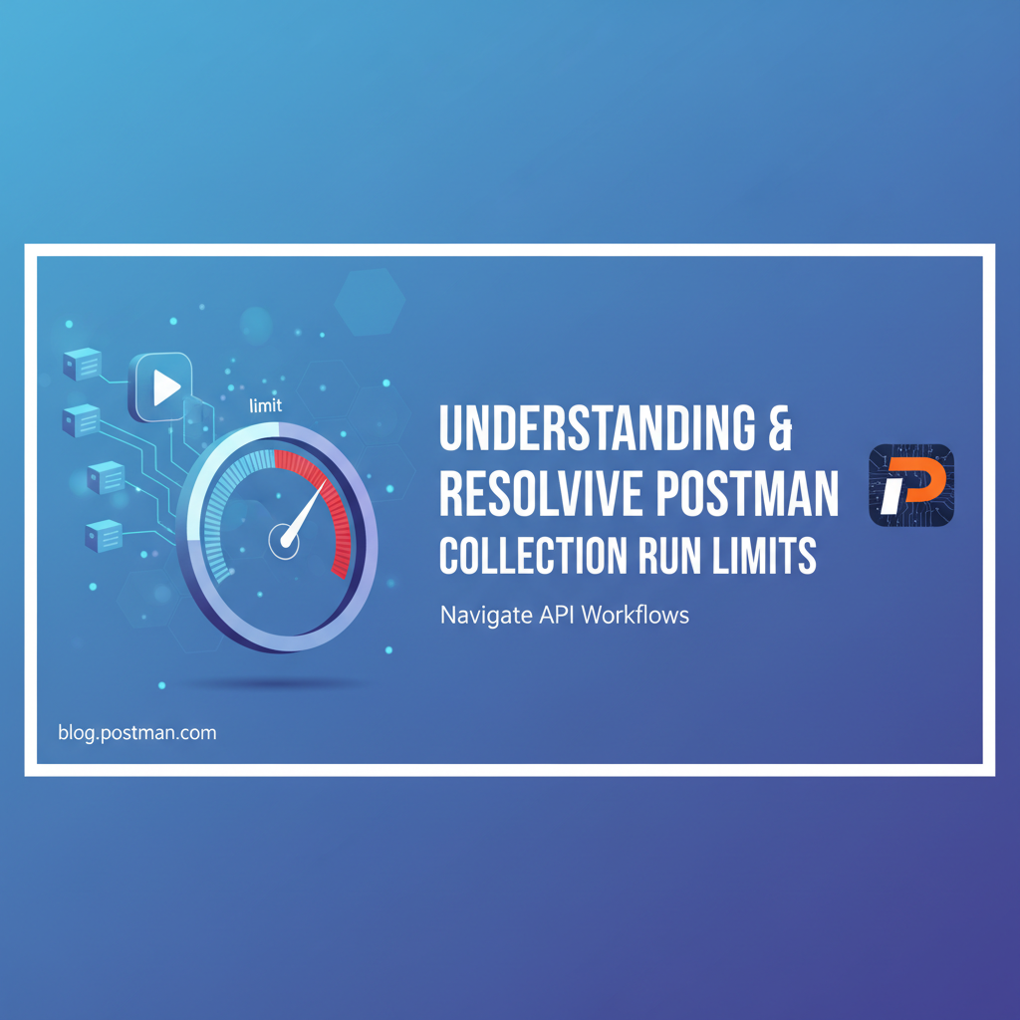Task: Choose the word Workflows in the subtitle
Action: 636,614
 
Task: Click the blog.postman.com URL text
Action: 137,733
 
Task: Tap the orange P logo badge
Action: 910,485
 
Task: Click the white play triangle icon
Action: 166,385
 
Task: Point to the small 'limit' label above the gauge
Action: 265,404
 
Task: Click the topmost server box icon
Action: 83,365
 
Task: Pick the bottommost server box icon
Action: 104,535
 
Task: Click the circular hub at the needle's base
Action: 284,542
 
